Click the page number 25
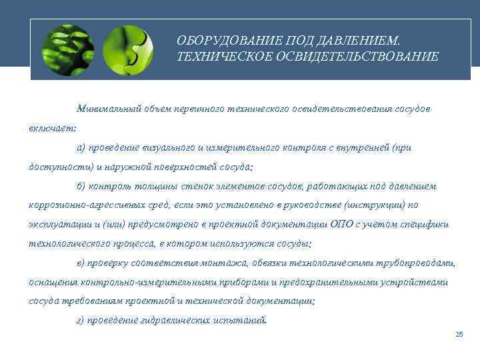click(x=459, y=334)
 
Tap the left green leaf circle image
click(x=67, y=49)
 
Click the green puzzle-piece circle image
click(x=129, y=49)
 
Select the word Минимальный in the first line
click(x=107, y=108)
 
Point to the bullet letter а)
click(x=81, y=147)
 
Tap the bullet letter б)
click(x=81, y=186)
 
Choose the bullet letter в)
click(x=81, y=263)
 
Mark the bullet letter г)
click(x=81, y=321)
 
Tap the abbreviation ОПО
click(x=339, y=225)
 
